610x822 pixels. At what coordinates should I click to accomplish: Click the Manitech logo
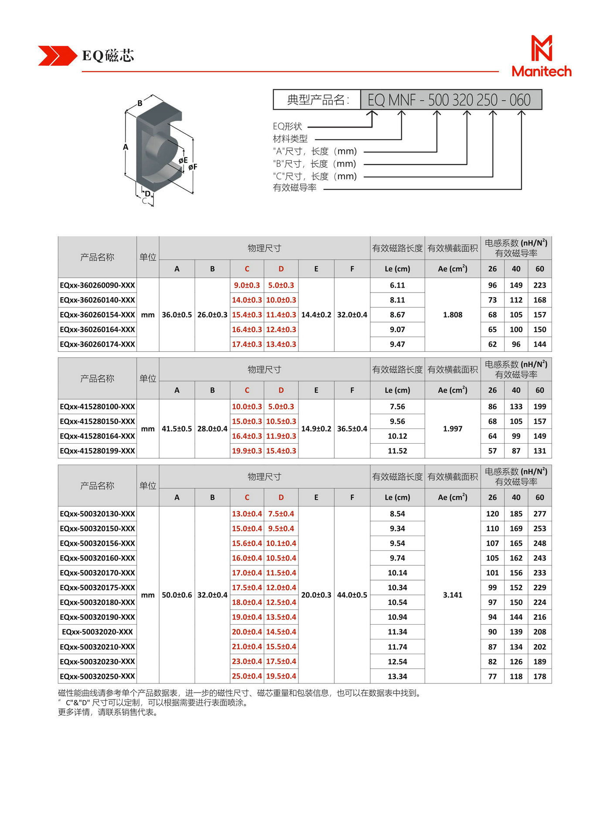[x=541, y=56]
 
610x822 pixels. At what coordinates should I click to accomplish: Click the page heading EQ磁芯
[x=108, y=56]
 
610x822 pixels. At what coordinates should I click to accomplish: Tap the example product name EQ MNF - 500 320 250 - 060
[x=449, y=100]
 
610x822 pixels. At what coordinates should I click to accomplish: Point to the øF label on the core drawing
[x=193, y=166]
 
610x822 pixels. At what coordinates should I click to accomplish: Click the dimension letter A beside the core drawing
[x=125, y=147]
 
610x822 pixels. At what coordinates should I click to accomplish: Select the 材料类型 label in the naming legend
[x=290, y=139]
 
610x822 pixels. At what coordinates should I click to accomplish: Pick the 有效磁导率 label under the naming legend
[x=295, y=188]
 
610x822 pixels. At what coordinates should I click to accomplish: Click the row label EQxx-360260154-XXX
[x=98, y=315]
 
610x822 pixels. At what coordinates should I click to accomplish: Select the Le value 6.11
[x=397, y=285]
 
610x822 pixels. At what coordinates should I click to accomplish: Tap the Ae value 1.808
[x=452, y=315]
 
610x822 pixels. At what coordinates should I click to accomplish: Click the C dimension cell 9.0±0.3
[x=247, y=285]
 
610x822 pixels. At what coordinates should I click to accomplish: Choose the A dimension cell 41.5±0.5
[x=176, y=429]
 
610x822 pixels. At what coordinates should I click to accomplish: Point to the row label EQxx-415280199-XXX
[x=98, y=451]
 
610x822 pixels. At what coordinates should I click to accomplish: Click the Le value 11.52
[x=397, y=451]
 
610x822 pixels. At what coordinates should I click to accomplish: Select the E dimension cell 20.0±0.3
[x=316, y=595]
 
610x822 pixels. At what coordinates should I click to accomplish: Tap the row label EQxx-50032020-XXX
[x=98, y=632]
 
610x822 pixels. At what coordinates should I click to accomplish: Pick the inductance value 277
[x=539, y=514]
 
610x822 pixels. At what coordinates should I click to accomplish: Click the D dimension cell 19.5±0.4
[x=281, y=676]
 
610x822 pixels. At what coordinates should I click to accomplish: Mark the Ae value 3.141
[x=452, y=595]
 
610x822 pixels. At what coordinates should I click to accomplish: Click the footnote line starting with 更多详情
[x=108, y=712]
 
